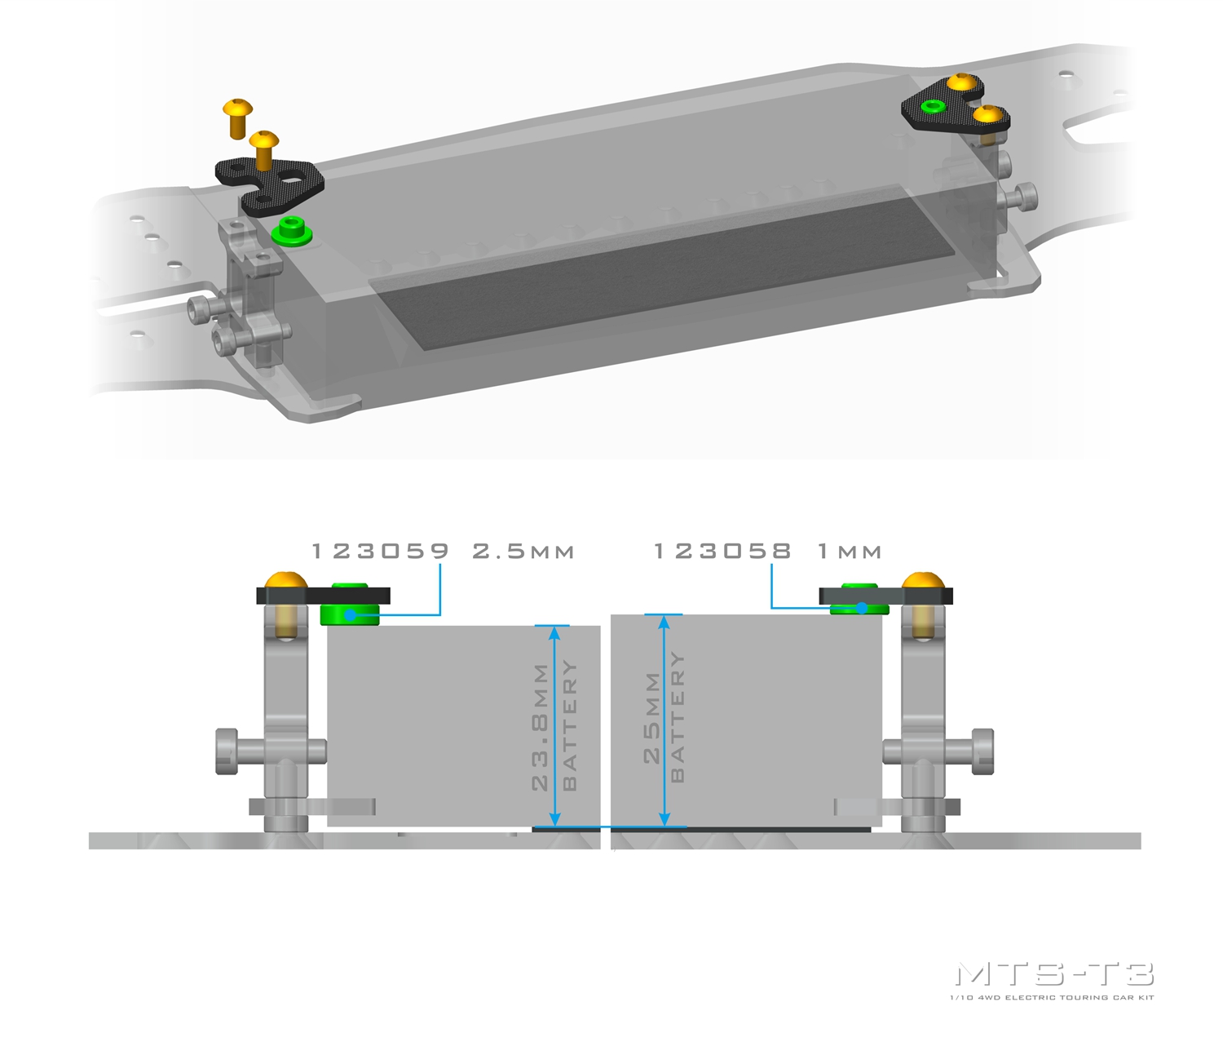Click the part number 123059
click(380, 551)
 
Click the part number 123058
click(722, 551)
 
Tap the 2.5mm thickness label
click(523, 551)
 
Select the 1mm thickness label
click(850, 552)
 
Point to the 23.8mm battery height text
click(540, 726)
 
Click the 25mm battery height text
click(652, 718)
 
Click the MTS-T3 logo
click(1054, 974)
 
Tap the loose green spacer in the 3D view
click(292, 230)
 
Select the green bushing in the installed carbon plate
click(933, 107)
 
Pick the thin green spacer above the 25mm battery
click(859, 609)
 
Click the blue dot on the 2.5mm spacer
click(351, 615)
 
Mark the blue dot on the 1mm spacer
click(861, 608)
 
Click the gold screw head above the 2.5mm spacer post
click(285, 580)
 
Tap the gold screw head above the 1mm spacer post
click(923, 580)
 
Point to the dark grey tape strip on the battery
click(662, 267)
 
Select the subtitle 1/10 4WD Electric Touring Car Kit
click(1052, 997)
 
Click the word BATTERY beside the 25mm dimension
click(678, 717)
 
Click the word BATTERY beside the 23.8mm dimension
click(570, 725)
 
